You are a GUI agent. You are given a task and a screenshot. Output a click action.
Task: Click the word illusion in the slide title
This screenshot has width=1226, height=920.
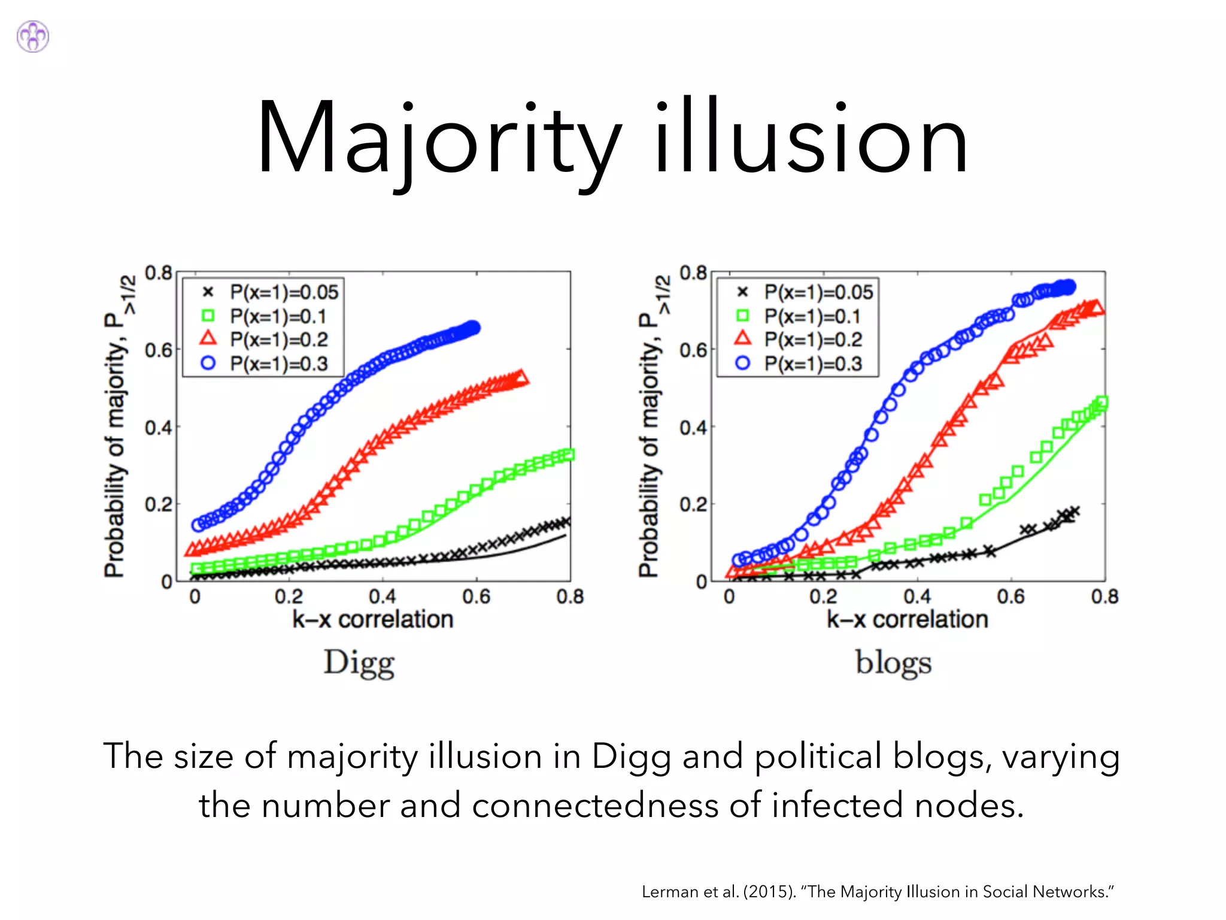tap(811, 139)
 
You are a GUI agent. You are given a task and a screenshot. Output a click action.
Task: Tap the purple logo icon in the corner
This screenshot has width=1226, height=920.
tap(33, 37)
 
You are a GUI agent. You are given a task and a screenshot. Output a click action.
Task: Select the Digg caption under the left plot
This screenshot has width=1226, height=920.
tap(359, 663)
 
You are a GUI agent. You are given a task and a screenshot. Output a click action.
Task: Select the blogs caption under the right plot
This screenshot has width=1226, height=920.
tap(893, 663)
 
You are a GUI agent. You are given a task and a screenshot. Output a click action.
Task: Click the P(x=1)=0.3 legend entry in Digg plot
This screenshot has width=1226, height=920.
tap(279, 364)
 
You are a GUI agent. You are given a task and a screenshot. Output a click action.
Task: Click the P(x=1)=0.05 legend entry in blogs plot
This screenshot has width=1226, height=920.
tap(818, 292)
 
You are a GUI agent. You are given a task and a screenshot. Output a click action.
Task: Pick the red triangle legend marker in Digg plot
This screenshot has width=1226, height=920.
tap(208, 338)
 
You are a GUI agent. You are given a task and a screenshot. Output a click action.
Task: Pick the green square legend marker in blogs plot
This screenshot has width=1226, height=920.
tap(742, 316)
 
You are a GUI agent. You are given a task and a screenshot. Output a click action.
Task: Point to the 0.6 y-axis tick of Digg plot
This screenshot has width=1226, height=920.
tap(158, 350)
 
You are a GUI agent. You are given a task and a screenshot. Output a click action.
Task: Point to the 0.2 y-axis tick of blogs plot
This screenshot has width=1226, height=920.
tap(693, 504)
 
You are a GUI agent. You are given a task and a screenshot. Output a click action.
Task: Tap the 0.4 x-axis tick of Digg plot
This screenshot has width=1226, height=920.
tap(383, 597)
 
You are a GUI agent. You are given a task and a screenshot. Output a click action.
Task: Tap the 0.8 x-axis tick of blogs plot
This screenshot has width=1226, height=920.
tap(1104, 597)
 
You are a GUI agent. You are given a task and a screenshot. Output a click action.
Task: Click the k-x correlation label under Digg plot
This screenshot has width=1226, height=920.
tap(372, 619)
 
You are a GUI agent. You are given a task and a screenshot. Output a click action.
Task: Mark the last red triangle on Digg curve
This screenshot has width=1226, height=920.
tap(521, 378)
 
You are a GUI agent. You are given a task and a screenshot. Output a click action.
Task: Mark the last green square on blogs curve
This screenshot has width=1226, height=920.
tap(1101, 402)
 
